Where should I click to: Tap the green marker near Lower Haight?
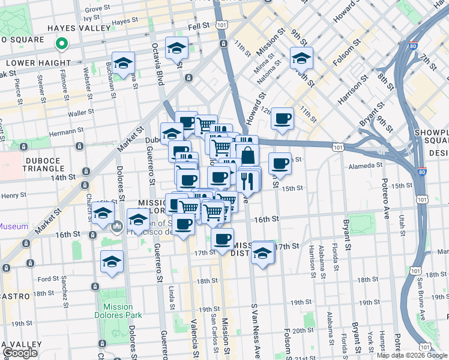pyautogui.click(x=61, y=43)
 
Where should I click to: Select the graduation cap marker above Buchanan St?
pyautogui.click(x=123, y=63)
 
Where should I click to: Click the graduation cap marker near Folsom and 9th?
pyautogui.click(x=301, y=58)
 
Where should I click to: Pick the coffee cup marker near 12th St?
pyautogui.click(x=282, y=118)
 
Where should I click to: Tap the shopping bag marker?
pyautogui.click(x=247, y=155)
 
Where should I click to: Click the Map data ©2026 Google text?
pyautogui.click(x=411, y=355)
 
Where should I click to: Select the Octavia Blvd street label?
pyautogui.click(x=158, y=56)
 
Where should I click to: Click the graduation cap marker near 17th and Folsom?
pyautogui.click(x=262, y=253)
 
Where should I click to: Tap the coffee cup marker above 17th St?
pyautogui.click(x=223, y=239)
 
